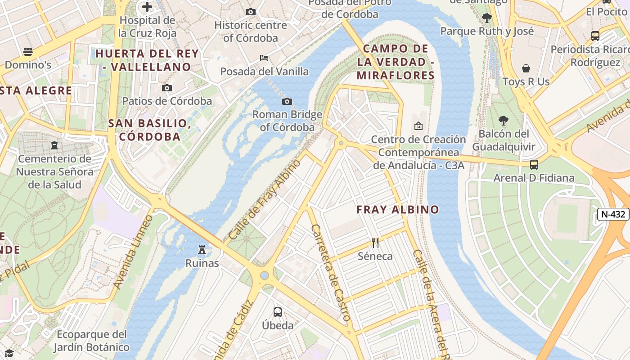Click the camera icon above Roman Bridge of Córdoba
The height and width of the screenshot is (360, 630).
[x=287, y=101]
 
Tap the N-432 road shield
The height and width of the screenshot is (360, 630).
[x=613, y=214]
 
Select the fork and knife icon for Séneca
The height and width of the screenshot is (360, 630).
[x=375, y=243]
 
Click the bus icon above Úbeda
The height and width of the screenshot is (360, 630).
[x=278, y=312]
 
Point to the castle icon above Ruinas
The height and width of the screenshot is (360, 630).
[x=202, y=249]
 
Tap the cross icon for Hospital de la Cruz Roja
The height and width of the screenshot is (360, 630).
[x=147, y=7]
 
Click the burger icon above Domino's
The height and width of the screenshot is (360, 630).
[x=28, y=51]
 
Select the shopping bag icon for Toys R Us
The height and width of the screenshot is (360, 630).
[x=526, y=68]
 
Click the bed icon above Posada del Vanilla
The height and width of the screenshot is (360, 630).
[x=264, y=58]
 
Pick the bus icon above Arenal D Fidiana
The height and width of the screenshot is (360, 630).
[x=534, y=165]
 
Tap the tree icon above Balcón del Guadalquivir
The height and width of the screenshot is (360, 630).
[x=504, y=121]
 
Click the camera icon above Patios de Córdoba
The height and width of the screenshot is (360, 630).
[x=167, y=88]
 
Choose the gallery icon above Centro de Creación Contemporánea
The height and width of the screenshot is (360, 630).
[x=418, y=126]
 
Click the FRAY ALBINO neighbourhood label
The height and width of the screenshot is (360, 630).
[x=397, y=209]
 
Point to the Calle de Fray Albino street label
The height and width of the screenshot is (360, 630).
[x=265, y=199]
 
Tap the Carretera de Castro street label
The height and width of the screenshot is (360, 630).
[x=331, y=273]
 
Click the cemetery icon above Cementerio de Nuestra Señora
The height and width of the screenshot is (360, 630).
[x=54, y=145]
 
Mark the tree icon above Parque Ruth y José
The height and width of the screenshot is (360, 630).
[x=486, y=18]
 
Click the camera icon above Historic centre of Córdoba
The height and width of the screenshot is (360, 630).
[x=251, y=12]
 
